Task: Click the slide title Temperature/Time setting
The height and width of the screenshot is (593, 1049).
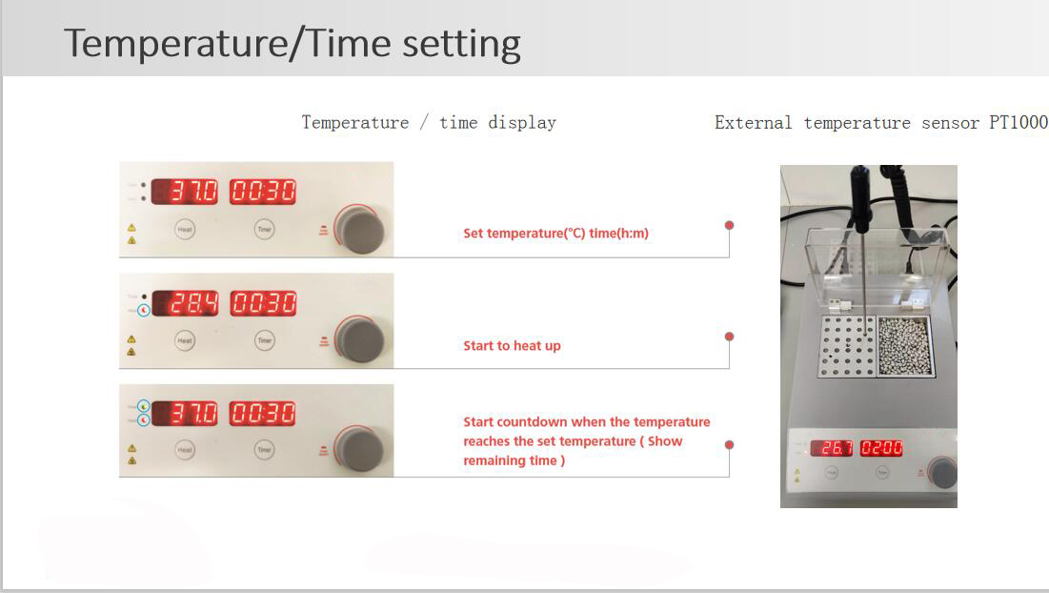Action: point(292,44)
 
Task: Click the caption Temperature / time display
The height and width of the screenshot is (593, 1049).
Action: point(429,122)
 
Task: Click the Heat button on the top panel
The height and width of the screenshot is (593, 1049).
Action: point(185,229)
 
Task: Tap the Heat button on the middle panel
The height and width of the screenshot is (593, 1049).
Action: point(185,340)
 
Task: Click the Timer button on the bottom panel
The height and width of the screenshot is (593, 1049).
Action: point(265,450)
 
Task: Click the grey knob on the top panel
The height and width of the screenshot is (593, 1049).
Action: point(362,230)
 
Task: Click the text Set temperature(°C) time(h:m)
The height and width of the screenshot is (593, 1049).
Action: point(555,234)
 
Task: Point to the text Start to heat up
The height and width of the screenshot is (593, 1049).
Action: point(512,346)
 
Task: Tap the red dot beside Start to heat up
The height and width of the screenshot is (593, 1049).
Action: point(729,337)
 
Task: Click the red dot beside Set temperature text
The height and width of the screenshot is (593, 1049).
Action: point(729,225)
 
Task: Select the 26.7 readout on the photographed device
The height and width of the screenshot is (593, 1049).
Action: point(832,448)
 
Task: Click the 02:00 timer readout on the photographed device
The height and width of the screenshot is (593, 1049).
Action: point(881,448)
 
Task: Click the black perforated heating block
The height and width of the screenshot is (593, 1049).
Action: point(844,345)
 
